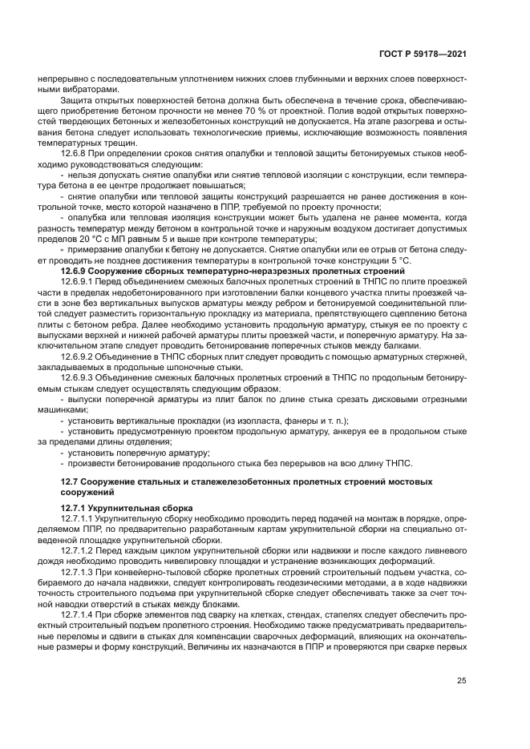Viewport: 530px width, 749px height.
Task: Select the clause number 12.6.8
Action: click(76, 151)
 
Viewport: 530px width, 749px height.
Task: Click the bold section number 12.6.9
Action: click(78, 272)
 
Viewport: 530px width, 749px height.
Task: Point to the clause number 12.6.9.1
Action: click(80, 283)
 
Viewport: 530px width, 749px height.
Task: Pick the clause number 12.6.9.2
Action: click(80, 355)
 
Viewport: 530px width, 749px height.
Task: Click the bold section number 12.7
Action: click(71, 481)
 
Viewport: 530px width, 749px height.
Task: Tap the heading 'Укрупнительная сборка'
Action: click(144, 508)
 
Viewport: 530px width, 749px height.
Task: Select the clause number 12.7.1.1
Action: click(80, 518)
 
